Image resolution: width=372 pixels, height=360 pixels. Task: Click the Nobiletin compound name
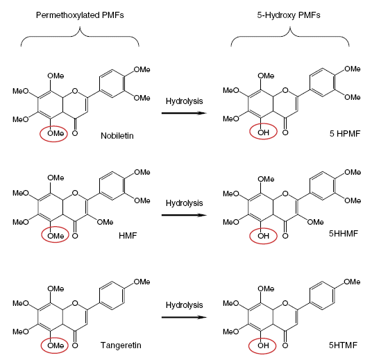117,136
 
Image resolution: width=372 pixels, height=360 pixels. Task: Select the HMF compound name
128,236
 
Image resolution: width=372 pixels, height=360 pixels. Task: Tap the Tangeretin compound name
121,345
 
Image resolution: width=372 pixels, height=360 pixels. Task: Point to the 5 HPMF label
345,133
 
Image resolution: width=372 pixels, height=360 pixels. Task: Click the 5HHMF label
344,234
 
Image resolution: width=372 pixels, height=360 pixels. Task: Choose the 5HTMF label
343,345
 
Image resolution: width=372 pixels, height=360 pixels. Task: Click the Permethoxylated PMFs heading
80,15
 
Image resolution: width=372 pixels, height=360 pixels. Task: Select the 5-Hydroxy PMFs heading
289,15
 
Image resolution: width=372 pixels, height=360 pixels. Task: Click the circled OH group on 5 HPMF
263,132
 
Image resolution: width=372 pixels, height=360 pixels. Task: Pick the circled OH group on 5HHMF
263,236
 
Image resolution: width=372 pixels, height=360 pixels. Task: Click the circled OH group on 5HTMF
263,345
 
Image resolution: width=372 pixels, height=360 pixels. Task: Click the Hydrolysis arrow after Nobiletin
184,113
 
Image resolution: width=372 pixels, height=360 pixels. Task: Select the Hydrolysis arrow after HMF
184,215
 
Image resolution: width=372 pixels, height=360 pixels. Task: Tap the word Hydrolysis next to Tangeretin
185,305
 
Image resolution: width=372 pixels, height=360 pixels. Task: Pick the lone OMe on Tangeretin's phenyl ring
142,282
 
